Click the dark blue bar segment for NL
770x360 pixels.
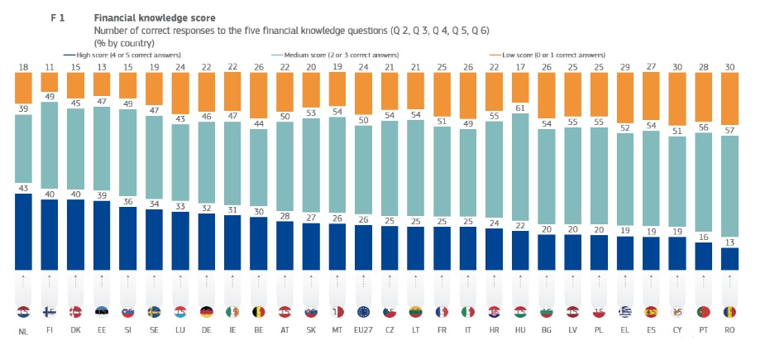coord(23,232)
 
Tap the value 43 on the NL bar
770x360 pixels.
coord(23,187)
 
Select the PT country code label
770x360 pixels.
coord(705,331)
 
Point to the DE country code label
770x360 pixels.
coord(207,331)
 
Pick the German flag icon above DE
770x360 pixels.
coord(207,312)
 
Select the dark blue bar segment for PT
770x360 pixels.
coord(705,256)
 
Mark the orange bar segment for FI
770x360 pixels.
coord(49,86)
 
